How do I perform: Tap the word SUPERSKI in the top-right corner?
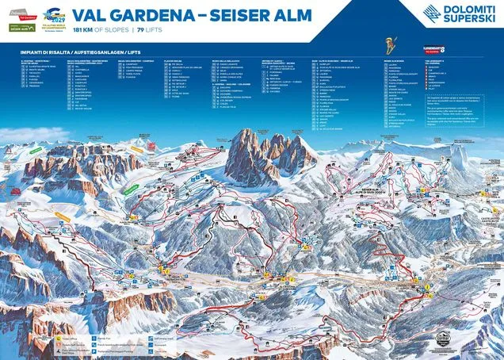(x=468, y=18)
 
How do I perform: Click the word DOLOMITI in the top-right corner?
(x=468, y=9)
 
